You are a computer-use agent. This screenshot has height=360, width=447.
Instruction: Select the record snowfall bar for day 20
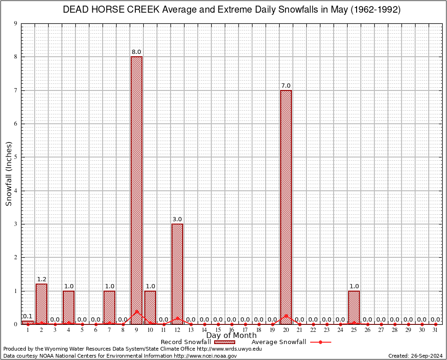point(286,206)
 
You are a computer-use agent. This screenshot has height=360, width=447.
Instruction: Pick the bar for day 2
point(41,304)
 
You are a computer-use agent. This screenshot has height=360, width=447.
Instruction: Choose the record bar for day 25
point(354,307)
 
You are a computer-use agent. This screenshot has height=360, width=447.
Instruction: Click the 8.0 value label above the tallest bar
point(136,52)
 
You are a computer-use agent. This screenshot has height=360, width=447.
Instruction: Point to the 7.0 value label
point(286,86)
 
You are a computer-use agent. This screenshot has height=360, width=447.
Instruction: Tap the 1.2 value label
point(41,279)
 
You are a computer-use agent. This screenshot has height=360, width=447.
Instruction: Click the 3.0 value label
point(177,219)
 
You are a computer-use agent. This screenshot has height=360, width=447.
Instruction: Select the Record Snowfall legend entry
point(186,342)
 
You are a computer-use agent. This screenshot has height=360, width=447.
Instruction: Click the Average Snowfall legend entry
point(279,342)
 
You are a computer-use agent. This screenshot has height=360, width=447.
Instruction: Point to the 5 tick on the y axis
point(16,157)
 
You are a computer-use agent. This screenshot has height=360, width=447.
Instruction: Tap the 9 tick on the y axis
point(16,23)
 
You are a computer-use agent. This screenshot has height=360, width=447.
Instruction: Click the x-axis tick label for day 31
point(435,330)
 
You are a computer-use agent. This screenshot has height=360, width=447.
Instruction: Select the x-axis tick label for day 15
point(218,330)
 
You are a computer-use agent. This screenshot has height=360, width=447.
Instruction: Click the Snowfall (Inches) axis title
point(8,173)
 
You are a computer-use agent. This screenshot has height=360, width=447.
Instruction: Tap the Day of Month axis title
point(231,336)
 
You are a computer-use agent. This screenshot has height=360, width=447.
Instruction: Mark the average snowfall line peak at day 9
point(136,311)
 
